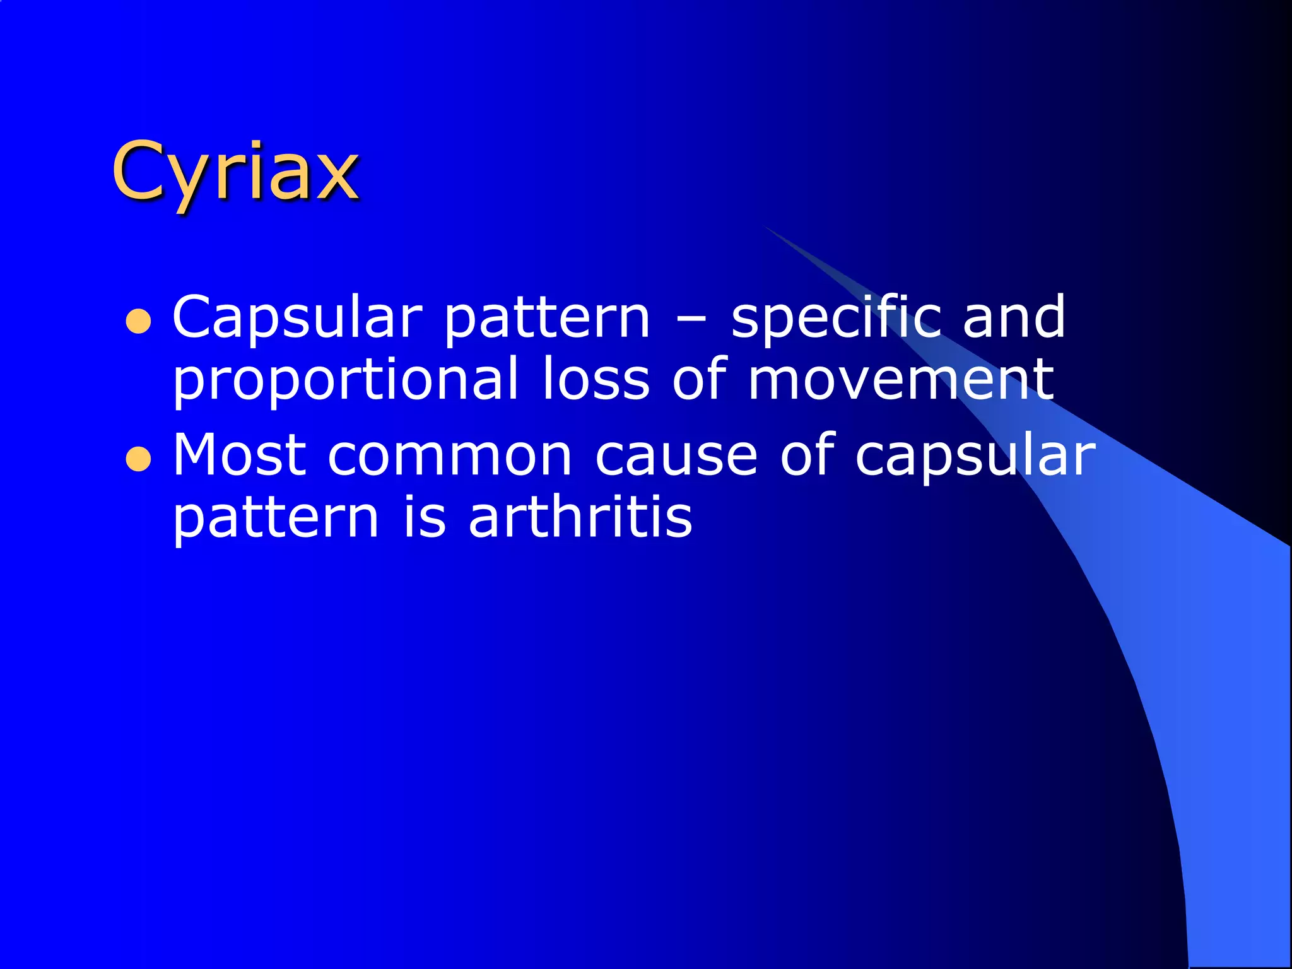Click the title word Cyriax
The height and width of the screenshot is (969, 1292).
(235, 172)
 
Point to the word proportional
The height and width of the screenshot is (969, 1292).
(345, 380)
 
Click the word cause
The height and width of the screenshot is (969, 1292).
(676, 455)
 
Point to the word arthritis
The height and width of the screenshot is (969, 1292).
(580, 517)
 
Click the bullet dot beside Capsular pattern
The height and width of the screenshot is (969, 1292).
(138, 321)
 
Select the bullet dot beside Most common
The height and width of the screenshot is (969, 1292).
(138, 459)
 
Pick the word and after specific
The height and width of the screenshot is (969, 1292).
(1014, 317)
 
